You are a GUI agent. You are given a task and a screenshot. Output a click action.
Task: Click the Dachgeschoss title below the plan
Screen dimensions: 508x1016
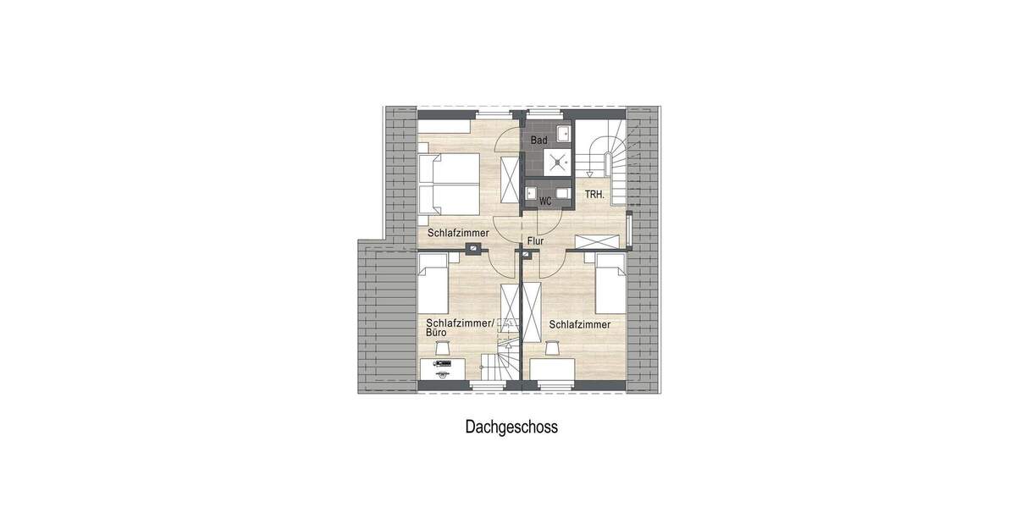click(x=511, y=428)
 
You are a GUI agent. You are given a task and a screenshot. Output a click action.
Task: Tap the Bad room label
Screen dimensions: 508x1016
click(x=538, y=140)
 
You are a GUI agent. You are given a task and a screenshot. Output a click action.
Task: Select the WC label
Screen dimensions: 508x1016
click(x=545, y=201)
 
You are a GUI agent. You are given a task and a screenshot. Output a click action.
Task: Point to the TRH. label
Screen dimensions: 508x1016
click(x=594, y=194)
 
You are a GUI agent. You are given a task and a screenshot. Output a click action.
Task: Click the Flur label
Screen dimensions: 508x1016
click(x=534, y=241)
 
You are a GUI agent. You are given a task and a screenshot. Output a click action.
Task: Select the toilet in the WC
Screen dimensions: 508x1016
click(x=561, y=190)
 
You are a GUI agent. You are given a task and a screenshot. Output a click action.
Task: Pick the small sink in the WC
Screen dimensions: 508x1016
click(x=531, y=190)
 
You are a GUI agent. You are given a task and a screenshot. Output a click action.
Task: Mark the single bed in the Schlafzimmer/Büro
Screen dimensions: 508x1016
click(x=433, y=288)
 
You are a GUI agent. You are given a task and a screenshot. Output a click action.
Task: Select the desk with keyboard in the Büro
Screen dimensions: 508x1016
click(x=442, y=370)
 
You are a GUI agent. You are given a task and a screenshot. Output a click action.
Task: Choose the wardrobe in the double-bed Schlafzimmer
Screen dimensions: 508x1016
click(x=511, y=180)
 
